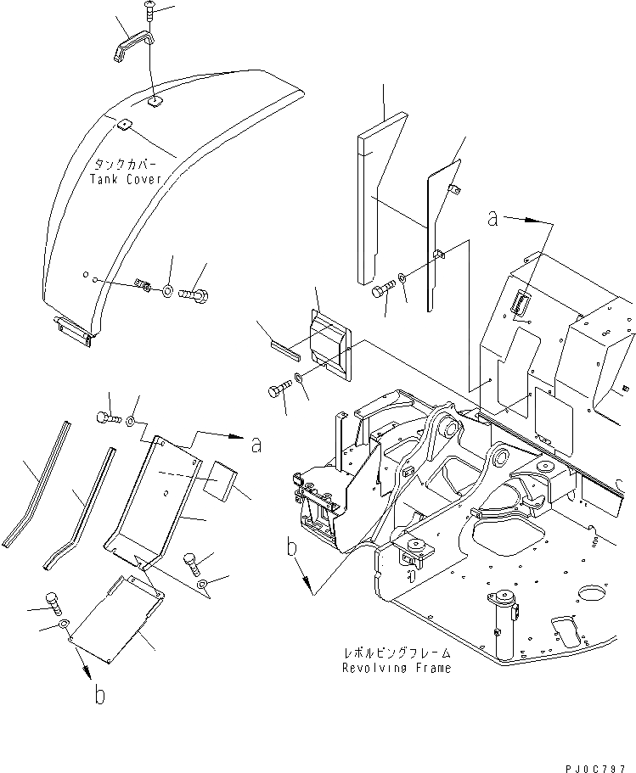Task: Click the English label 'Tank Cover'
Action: [126, 179]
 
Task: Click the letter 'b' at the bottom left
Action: [100, 696]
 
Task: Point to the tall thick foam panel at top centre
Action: [374, 204]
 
